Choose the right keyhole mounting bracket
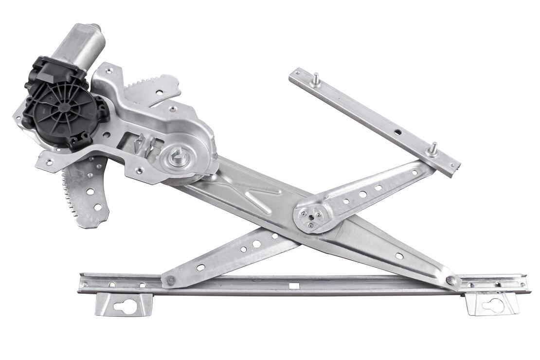(492, 304)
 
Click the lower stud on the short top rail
(432, 148)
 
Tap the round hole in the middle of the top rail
(397, 132)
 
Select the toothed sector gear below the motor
(85, 195)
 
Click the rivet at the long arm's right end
(451, 280)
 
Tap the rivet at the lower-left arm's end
(171, 281)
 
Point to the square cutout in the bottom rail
(293, 285)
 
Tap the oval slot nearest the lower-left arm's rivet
(200, 267)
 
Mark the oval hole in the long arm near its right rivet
(399, 256)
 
